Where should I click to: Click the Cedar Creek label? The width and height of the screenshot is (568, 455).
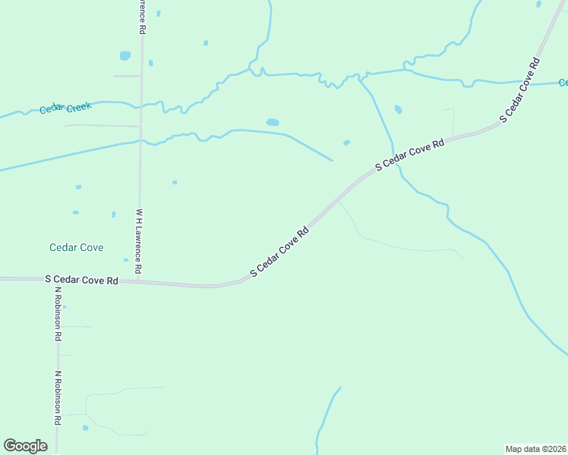click(x=65, y=108)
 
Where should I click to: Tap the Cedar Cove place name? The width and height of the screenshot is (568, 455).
click(x=76, y=247)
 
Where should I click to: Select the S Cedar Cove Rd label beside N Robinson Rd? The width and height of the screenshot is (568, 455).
click(x=81, y=280)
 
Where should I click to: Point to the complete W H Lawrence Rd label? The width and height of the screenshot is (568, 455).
click(x=139, y=241)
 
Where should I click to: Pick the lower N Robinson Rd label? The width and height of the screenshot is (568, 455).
click(x=57, y=397)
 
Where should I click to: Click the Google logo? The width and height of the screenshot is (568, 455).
click(x=25, y=446)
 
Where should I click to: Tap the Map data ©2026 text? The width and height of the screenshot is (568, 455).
click(x=535, y=448)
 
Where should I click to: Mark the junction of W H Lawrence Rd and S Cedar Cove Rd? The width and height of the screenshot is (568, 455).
click(x=138, y=281)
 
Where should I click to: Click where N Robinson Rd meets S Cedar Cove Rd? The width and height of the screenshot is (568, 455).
click(x=57, y=279)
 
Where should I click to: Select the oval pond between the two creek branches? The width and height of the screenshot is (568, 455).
click(x=272, y=122)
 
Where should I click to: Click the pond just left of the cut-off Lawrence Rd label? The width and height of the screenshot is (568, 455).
click(x=125, y=55)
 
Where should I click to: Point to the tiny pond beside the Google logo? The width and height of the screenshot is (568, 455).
click(x=85, y=428)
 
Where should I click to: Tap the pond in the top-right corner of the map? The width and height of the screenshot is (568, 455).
click(x=538, y=5)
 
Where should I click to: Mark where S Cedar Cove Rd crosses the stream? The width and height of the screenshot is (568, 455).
click(x=395, y=162)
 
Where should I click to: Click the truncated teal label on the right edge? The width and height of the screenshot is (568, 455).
click(x=563, y=82)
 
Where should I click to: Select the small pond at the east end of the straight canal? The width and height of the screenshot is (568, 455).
click(x=346, y=143)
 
